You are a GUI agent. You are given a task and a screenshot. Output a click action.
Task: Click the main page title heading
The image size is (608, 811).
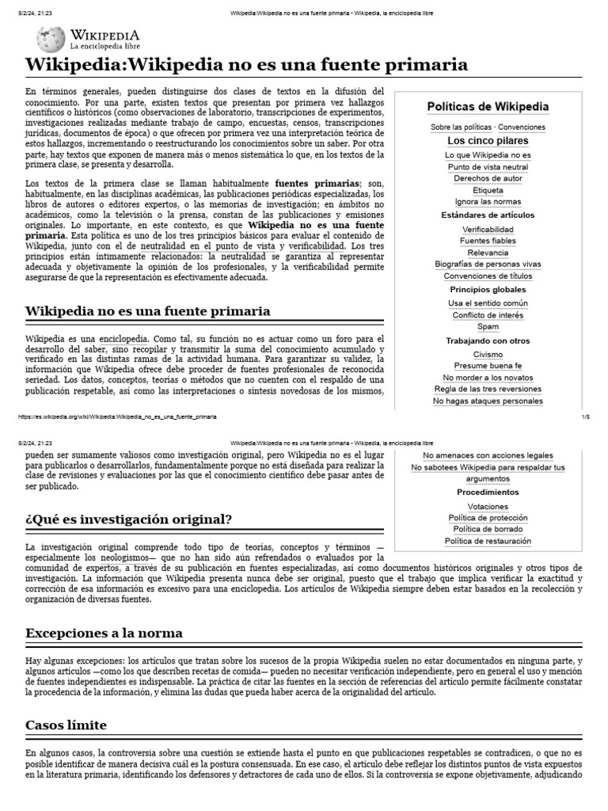[246, 65]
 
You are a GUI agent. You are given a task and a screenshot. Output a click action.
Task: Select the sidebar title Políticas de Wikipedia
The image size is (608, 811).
[488, 106]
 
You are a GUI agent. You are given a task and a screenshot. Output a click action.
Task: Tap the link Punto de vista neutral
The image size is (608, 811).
[488, 167]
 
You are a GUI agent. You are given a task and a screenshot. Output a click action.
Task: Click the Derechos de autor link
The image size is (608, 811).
[488, 179]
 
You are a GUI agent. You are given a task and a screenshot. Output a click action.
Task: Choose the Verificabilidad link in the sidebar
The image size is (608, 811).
[488, 229]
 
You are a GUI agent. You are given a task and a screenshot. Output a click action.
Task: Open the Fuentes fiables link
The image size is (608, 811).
[488, 241]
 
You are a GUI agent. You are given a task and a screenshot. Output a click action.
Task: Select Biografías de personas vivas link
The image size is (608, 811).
[488, 265]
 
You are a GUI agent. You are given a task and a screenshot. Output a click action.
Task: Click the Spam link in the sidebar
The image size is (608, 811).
[488, 326]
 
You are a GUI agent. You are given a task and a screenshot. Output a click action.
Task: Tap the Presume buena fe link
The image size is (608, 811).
[488, 366]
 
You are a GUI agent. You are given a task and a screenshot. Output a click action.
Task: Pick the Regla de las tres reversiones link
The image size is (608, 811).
[488, 389]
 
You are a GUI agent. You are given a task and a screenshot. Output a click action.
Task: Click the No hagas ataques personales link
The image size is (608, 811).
[488, 401]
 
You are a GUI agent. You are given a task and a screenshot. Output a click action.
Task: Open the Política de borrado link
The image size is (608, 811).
[488, 529]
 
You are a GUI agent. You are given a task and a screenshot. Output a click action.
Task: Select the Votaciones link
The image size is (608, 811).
[488, 505]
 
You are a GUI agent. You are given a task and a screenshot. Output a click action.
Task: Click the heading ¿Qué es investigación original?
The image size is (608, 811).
[128, 520]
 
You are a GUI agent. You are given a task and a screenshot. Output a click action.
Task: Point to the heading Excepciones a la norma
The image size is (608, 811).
[104, 633]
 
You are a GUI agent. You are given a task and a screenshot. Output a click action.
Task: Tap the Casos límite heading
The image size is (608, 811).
[66, 725]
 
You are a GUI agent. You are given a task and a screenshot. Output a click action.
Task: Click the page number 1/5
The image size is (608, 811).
[586, 417]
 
